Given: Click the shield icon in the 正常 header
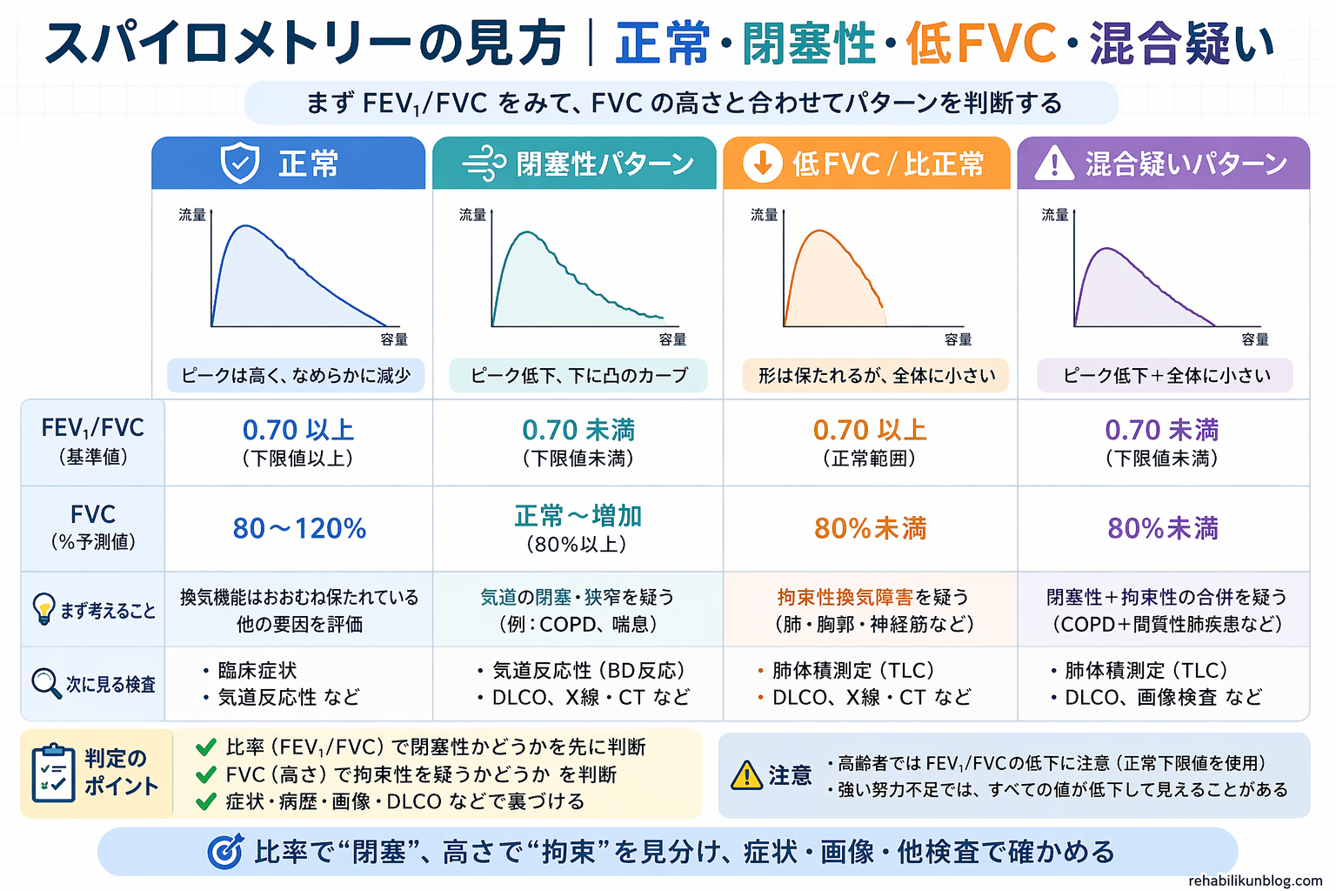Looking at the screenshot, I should point(240,163).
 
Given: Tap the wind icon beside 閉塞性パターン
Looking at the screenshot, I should point(484,164).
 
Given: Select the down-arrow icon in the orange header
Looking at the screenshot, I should point(763,163).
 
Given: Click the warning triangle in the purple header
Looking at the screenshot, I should point(1054,163).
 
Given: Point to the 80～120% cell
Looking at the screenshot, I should point(299,528).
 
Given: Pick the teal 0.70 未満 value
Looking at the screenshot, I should point(578,430).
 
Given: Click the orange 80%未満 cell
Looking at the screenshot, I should point(870,528).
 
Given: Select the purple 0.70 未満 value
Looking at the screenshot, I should point(1162,430).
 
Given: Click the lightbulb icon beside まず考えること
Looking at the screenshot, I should point(43,609).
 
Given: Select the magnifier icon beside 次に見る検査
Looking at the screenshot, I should point(45,683).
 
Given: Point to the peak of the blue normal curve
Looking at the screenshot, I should point(246,226).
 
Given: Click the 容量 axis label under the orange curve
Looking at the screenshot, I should point(958,339).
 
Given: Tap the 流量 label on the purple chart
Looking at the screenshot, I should point(1054,214).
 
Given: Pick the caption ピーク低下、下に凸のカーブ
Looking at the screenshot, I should point(578,376).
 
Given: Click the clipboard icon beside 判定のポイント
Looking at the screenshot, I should point(53,773).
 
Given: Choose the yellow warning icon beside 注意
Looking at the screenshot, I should point(746,774).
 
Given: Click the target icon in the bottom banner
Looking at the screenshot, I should point(225,851).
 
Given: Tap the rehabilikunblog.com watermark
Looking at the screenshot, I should point(1254,881).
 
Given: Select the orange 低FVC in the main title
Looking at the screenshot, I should point(981,44).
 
